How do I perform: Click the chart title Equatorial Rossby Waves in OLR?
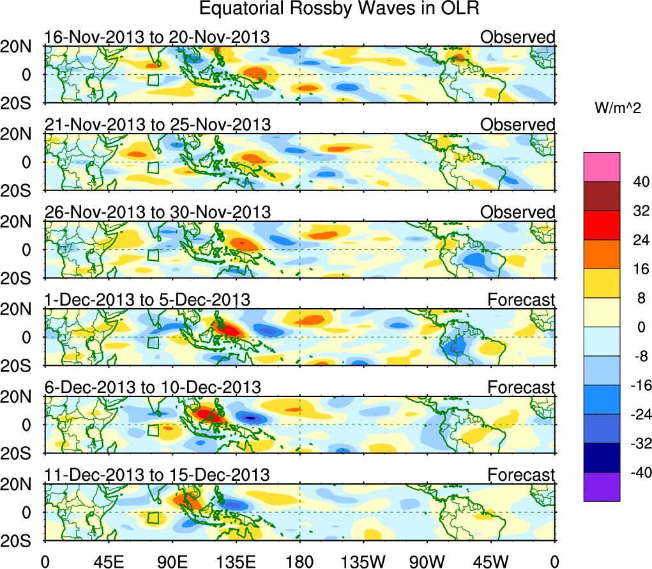tap(338, 9)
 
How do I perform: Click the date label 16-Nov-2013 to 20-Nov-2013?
tap(157, 37)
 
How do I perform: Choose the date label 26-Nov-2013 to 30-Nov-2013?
tap(157, 212)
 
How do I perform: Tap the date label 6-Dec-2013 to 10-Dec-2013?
tap(152, 387)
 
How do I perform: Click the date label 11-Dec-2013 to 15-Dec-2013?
tap(157, 474)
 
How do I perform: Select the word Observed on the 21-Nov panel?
tap(518, 125)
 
